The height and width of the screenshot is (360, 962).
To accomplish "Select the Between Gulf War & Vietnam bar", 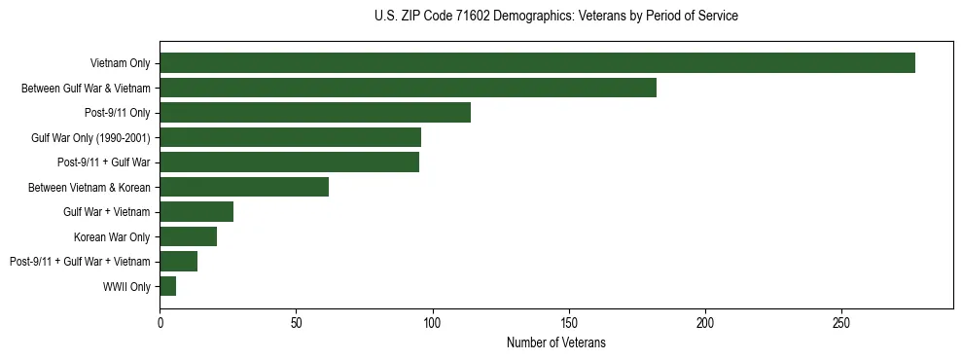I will pyautogui.click(x=408, y=88).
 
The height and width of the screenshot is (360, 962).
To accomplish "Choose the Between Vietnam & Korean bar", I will pyautogui.click(x=244, y=187).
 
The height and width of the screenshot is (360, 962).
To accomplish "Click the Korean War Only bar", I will pyautogui.click(x=188, y=236).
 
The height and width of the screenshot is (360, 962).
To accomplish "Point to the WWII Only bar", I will pyautogui.click(x=167, y=286).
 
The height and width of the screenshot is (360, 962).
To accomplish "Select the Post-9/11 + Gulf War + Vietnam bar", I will pyautogui.click(x=178, y=261).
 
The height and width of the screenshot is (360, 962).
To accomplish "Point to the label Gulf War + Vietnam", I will pyautogui.click(x=107, y=212).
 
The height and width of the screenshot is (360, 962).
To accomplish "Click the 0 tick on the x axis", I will pyautogui.click(x=160, y=322).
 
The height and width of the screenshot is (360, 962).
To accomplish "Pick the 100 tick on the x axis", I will pyautogui.click(x=433, y=322).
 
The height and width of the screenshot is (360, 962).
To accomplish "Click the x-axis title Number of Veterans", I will pyautogui.click(x=555, y=342).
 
